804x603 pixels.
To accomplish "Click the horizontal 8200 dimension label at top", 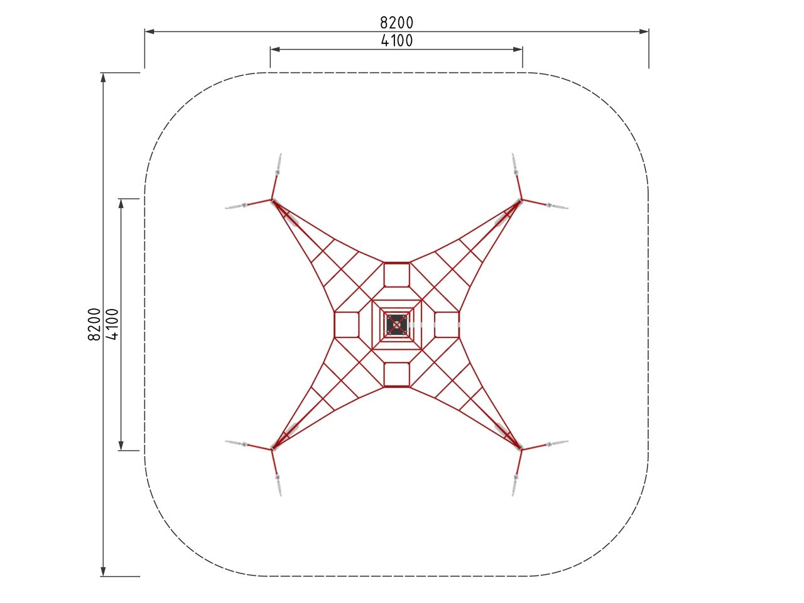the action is (x=396, y=23).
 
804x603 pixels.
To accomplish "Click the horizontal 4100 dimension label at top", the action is (x=397, y=41).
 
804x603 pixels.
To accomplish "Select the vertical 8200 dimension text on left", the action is (x=94, y=324).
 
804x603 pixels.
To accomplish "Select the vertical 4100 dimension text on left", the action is (x=112, y=324).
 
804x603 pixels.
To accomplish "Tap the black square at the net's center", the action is (x=397, y=325).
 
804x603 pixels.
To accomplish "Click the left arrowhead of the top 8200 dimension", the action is (x=149, y=31).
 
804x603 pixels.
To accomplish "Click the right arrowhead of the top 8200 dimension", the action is (x=644, y=31).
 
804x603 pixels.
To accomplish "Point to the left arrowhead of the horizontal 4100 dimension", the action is (x=275, y=50).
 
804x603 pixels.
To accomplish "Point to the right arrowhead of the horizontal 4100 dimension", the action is (x=518, y=50).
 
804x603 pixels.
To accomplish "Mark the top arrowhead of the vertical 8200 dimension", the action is (x=103, y=78).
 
